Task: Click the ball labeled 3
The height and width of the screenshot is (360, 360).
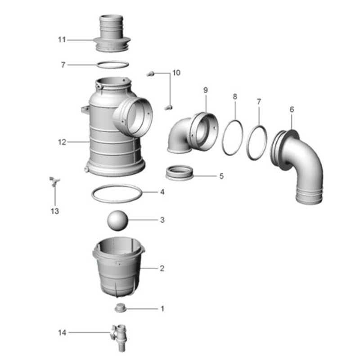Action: point(117,220)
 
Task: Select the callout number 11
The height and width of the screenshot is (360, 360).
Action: point(62,40)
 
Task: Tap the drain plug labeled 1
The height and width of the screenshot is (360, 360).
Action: point(121,308)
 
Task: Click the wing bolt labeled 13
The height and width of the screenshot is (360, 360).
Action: point(54,181)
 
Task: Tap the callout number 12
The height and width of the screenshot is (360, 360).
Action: point(62,142)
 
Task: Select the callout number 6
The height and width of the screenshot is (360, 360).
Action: point(292,109)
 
